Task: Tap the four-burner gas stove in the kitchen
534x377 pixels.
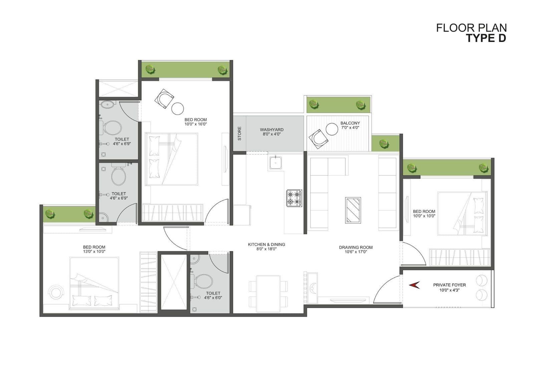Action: click(x=294, y=198)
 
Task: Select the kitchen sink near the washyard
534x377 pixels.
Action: click(x=276, y=163)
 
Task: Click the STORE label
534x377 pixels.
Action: click(x=239, y=133)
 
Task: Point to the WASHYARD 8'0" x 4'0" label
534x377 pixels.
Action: click(x=272, y=132)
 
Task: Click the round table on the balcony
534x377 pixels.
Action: click(x=332, y=129)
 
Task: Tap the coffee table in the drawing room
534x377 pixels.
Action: click(x=353, y=210)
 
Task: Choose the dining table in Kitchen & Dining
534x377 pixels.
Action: click(x=268, y=294)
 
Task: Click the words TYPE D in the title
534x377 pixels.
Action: click(x=486, y=38)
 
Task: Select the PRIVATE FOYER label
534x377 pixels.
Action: click(x=449, y=285)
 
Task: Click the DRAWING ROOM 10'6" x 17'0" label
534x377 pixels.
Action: click(x=356, y=250)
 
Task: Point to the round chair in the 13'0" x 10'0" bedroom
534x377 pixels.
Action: click(x=56, y=292)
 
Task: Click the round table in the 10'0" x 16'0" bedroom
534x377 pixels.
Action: click(x=178, y=109)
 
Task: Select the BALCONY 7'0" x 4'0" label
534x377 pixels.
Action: click(x=350, y=125)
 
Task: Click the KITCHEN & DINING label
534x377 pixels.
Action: click(x=266, y=244)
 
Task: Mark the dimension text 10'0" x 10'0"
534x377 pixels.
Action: click(x=424, y=216)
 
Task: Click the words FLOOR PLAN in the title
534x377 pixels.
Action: click(x=471, y=28)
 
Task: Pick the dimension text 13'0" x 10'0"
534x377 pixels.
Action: click(x=94, y=251)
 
